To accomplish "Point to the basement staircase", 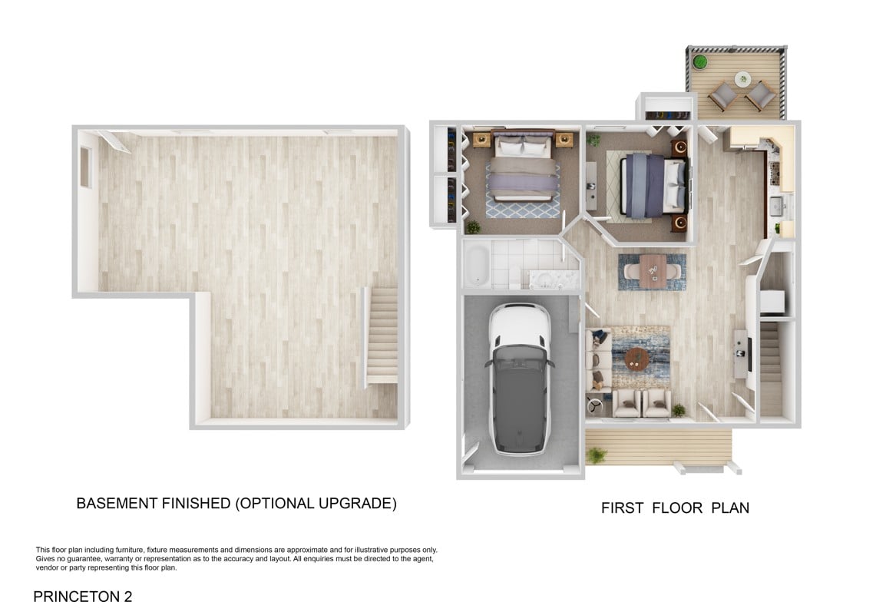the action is pyautogui.click(x=382, y=336).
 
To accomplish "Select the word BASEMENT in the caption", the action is pyautogui.click(x=117, y=503).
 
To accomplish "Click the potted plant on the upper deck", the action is pyautogui.click(x=699, y=61).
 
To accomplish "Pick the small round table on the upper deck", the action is pyautogui.click(x=742, y=79).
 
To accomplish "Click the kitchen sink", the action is pyautogui.click(x=776, y=207).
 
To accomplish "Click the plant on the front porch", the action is pyautogui.click(x=597, y=455).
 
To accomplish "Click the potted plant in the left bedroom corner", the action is pyautogui.click(x=473, y=226).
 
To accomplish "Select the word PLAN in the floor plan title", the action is pyautogui.click(x=730, y=508).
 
